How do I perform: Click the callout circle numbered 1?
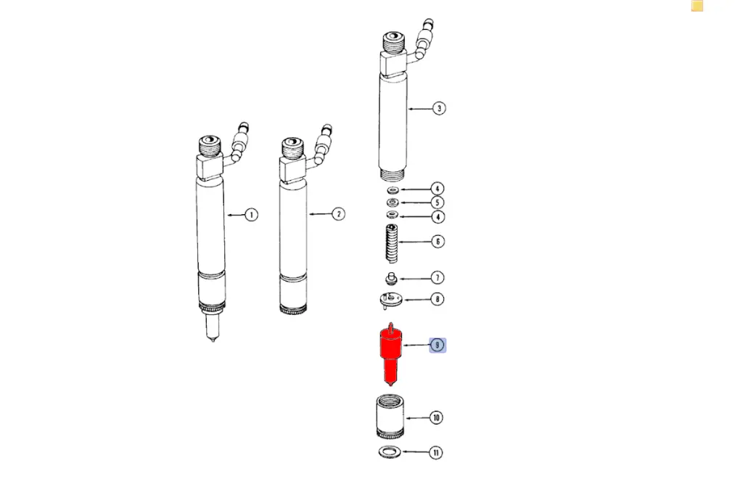tap(251, 215)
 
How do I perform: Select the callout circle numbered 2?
tap(338, 214)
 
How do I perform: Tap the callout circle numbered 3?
tap(439, 108)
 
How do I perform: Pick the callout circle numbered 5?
tap(438, 202)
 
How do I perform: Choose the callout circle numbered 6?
tap(438, 242)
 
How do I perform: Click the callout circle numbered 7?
tap(438, 277)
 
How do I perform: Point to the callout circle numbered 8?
tap(438, 299)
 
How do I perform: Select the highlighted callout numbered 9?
tap(438, 345)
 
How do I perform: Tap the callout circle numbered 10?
tap(436, 418)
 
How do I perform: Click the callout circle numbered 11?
tap(436, 453)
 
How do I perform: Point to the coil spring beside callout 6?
tap(391, 243)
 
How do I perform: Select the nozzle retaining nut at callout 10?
tap(390, 417)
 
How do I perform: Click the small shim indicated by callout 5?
tap(393, 203)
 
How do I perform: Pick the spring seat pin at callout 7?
tap(391, 278)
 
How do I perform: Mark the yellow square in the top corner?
tap(697, 6)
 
